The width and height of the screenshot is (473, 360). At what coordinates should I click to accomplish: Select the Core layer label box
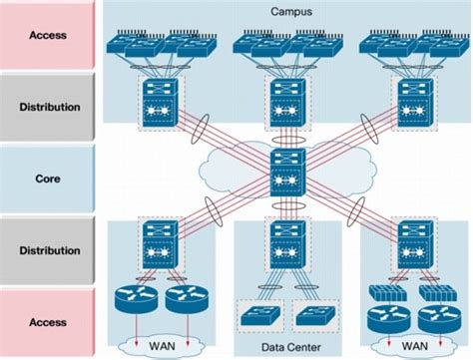(x=48, y=179)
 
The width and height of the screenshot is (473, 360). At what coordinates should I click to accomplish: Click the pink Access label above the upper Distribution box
(x=48, y=35)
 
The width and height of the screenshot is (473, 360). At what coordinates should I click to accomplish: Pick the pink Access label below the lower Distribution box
(x=48, y=322)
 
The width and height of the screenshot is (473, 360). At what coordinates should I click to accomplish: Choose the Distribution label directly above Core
(x=48, y=107)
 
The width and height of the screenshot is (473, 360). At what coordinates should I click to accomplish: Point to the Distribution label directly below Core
(x=48, y=250)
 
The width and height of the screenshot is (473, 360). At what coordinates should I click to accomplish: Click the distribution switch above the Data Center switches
(x=287, y=242)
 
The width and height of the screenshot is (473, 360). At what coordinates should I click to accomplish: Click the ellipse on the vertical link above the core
(x=287, y=132)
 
